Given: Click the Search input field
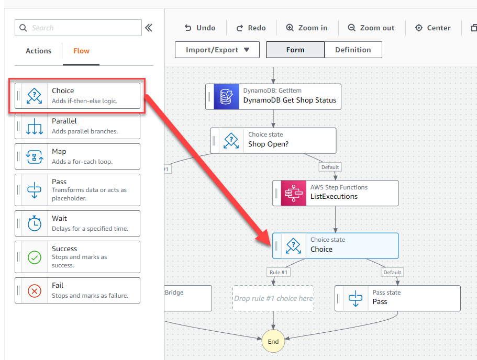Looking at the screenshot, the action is click(x=78, y=28).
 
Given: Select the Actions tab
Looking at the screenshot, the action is click(x=39, y=51).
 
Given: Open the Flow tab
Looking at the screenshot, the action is click(x=81, y=51).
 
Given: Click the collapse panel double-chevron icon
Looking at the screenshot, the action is click(x=149, y=28).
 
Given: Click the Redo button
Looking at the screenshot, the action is click(x=251, y=28).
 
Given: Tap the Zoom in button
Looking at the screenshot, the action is click(x=307, y=28).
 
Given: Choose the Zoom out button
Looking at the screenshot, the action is click(x=371, y=28).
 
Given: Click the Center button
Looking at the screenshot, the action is click(x=433, y=28).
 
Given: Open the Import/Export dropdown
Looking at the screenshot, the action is click(x=217, y=50).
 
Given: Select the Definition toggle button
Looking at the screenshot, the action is click(x=353, y=50).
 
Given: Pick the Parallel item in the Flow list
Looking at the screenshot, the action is click(x=77, y=126).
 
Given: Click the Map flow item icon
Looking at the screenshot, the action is click(x=35, y=156).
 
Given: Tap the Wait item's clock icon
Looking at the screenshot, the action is click(x=35, y=223).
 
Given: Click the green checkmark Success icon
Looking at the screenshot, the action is click(x=35, y=257).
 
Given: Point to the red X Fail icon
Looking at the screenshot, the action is click(x=35, y=291).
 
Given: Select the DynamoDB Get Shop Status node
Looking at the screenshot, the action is click(x=273, y=97).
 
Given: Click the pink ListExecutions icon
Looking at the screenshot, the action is click(x=294, y=193).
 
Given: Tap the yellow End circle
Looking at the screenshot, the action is click(x=273, y=341).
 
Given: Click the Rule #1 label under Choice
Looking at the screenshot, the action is click(x=279, y=272).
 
